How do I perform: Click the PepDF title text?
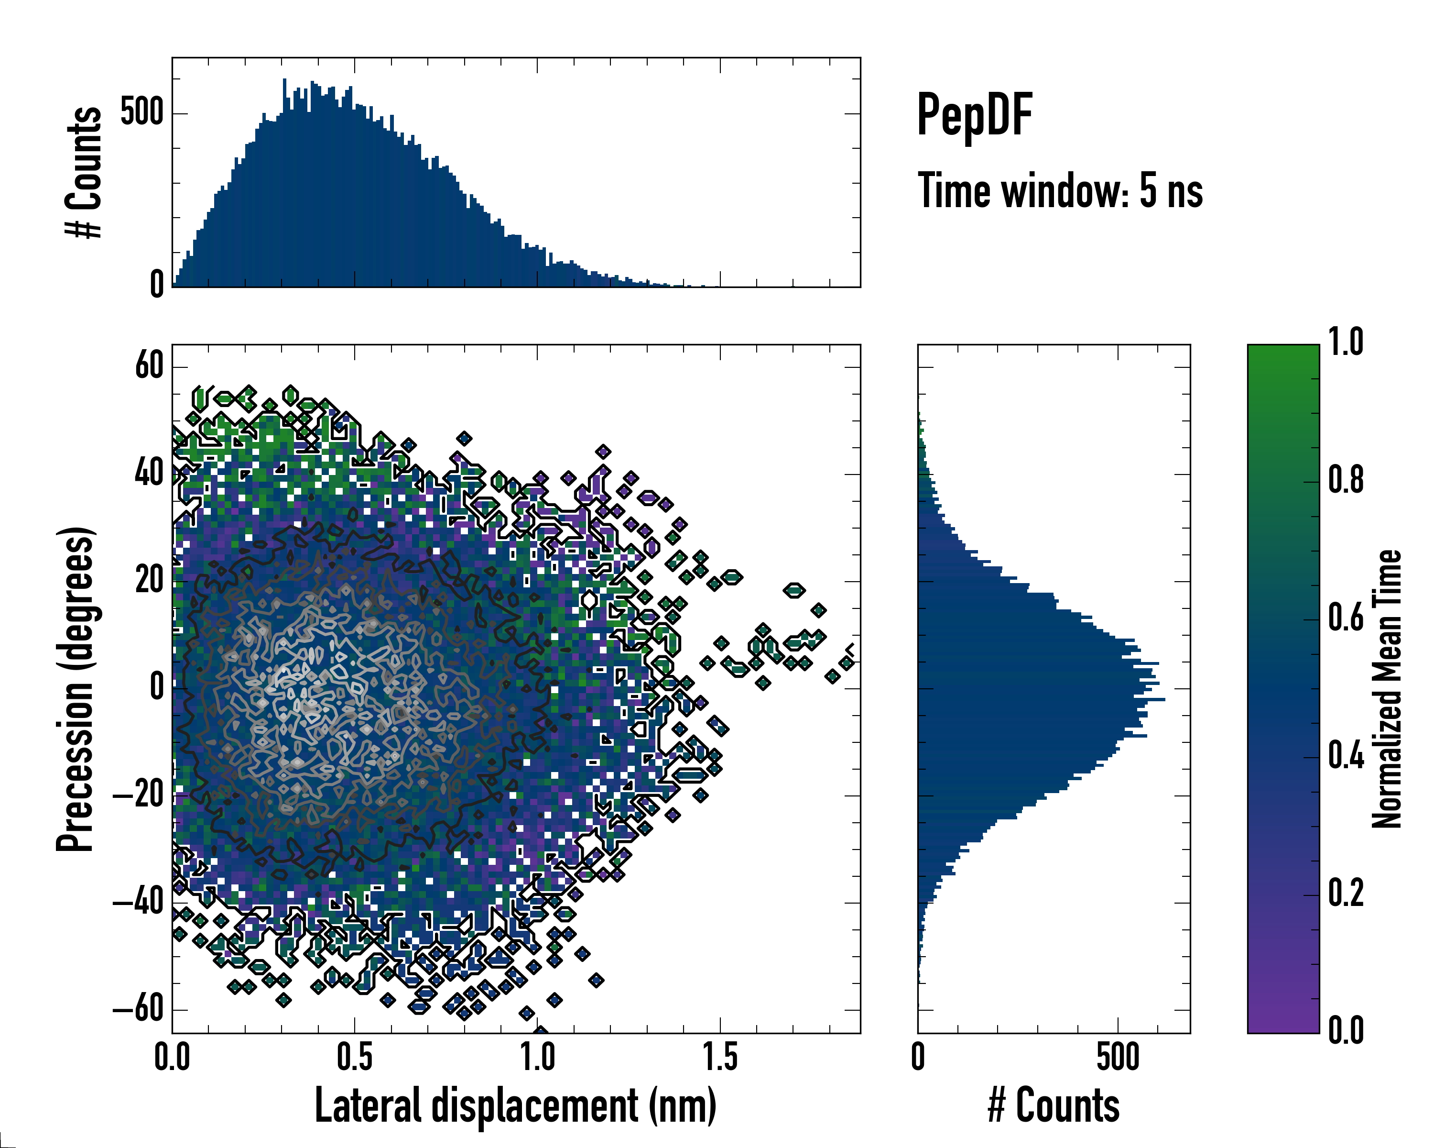[x=974, y=116]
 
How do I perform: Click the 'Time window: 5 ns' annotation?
[x=1060, y=191]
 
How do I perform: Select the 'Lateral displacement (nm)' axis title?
[x=515, y=1105]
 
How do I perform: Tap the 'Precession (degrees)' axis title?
[x=75, y=689]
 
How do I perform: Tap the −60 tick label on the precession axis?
[x=138, y=1010]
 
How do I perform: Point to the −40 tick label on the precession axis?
[x=138, y=903]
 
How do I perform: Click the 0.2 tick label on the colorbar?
[x=1346, y=893]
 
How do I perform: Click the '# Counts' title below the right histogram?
[x=1054, y=1105]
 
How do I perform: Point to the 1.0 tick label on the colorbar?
[x=1346, y=343]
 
